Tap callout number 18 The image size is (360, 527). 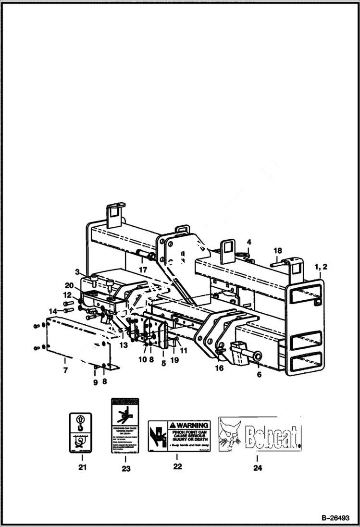(x=277, y=251)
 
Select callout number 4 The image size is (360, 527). (x=249, y=242)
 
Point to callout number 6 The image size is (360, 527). (x=259, y=374)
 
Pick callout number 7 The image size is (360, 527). (x=65, y=370)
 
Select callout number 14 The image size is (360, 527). (x=53, y=311)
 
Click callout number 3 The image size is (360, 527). (x=77, y=272)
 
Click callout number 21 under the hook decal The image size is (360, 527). (x=82, y=467)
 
